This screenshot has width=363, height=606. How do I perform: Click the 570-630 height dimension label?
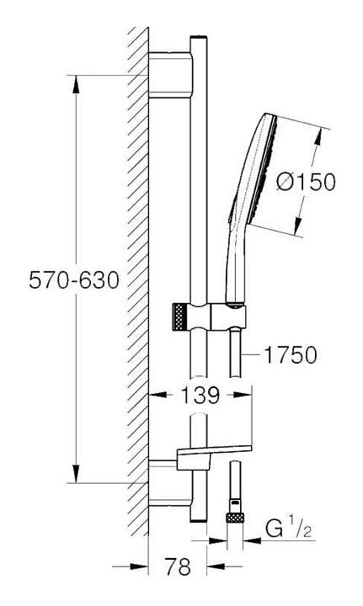tap(74, 279)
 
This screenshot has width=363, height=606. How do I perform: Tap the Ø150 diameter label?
tap(307, 182)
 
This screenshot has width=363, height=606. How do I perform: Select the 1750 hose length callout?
tap(291, 354)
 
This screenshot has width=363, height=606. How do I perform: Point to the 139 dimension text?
tap(200, 395)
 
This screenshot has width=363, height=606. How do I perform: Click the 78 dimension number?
tap(178, 567)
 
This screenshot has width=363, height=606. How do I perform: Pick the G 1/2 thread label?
tap(288, 529)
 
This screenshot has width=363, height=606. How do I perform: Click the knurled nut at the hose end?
tap(236, 518)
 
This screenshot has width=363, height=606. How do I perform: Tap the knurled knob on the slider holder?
tap(179, 317)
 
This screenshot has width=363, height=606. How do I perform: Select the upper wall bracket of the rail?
tap(170, 75)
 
